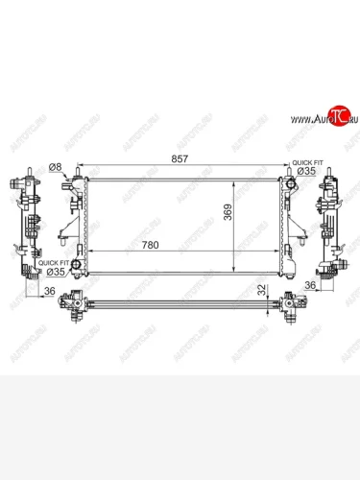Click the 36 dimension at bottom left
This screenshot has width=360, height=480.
point(48,295)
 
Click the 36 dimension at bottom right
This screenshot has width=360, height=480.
point(309,285)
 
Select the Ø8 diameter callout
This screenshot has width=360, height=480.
point(55,167)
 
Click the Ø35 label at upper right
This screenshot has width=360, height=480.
point(304,172)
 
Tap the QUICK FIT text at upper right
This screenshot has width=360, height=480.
point(304,162)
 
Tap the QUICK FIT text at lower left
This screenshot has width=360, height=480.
point(53,261)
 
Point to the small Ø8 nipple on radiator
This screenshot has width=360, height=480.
point(68,181)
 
